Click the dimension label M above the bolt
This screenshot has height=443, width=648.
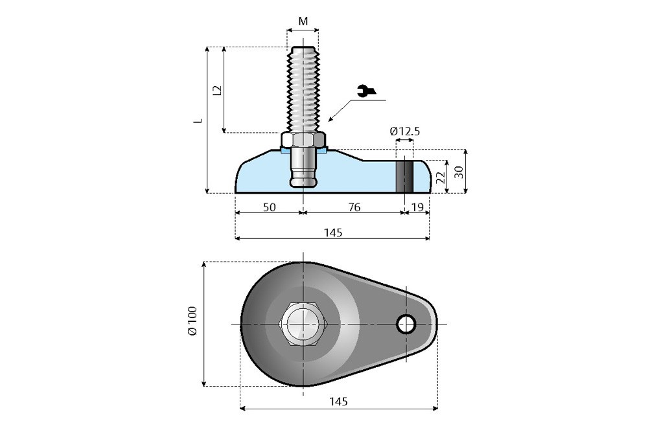tap(303, 21)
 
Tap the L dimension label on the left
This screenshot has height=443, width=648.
tap(200, 120)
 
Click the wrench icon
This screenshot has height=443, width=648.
tap(365, 92)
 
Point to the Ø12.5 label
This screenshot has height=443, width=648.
tap(405, 131)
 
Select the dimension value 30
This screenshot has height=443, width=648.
tap(458, 172)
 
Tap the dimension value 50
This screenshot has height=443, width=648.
tap(270, 207)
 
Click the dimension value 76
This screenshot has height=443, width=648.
tap(354, 207)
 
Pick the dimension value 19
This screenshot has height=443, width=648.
tap(417, 207)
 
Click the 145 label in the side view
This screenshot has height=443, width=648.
tap(332, 233)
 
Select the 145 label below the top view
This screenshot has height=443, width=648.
tap(338, 402)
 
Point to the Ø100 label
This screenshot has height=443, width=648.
tap(192, 323)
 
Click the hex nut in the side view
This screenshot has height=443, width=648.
tap(303, 140)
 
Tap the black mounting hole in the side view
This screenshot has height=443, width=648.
tap(404, 176)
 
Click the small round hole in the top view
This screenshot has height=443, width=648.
tap(406, 324)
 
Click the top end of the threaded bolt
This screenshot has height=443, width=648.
tap(303, 49)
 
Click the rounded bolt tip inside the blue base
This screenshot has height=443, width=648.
tap(303, 180)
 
